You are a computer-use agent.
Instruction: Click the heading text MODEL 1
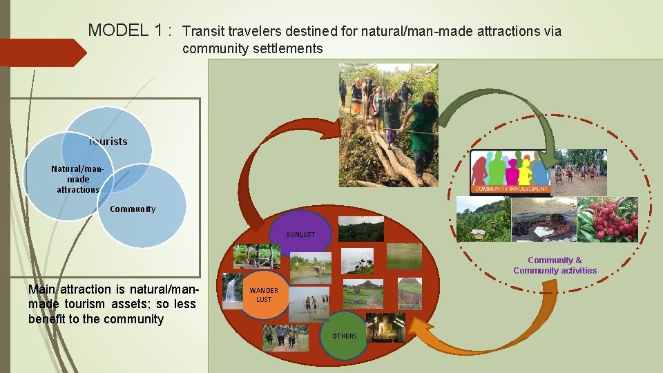[129, 30]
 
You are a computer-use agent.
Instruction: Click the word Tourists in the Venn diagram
[108, 141]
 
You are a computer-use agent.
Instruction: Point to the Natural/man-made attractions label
[77, 179]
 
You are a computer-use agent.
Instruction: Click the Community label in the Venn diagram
[132, 209]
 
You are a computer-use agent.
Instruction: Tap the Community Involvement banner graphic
[510, 173]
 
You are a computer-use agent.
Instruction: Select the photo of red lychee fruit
[607, 219]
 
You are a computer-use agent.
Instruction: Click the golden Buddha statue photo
[385, 327]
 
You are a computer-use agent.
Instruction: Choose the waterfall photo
[230, 290]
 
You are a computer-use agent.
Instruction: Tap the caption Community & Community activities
[555, 265]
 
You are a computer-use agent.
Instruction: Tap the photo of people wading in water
[309, 305]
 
